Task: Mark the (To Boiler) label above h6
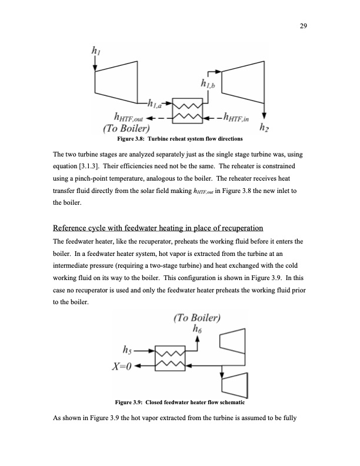click(196, 319)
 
